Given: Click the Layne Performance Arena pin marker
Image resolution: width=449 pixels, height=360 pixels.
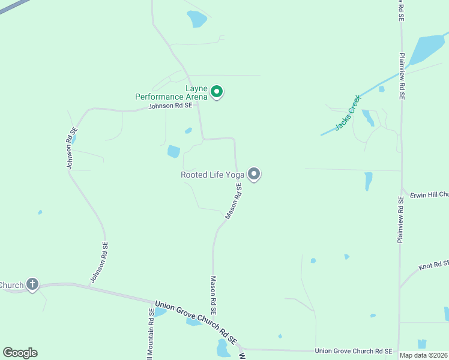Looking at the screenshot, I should [217, 92].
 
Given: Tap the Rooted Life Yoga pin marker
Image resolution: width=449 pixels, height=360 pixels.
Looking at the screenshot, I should [254, 174].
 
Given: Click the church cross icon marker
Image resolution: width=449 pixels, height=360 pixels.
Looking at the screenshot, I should [32, 284].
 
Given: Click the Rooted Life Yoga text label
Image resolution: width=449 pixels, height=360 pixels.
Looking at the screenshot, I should [212, 175].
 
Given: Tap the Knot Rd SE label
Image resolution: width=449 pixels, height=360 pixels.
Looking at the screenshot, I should [434, 265].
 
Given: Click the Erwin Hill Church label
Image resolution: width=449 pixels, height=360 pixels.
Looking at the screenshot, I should [429, 195].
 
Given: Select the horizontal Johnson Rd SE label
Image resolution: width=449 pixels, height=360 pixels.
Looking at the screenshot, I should [170, 106].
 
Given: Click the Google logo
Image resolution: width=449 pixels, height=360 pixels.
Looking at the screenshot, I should [20, 353].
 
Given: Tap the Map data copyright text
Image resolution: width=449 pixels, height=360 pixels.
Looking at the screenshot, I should [424, 355].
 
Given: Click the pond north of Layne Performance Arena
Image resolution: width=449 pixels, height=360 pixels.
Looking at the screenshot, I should [196, 19].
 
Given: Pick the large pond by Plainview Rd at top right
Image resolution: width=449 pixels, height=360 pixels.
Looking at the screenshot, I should [427, 49].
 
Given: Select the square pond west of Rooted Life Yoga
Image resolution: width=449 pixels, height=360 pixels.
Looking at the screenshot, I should [173, 151].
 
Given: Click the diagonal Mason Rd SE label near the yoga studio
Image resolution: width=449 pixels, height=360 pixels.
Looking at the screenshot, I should [234, 201].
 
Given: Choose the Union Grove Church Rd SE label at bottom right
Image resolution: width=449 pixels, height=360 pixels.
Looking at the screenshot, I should [354, 350].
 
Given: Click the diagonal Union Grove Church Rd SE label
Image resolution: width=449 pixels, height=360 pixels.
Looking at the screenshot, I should [196, 319].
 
